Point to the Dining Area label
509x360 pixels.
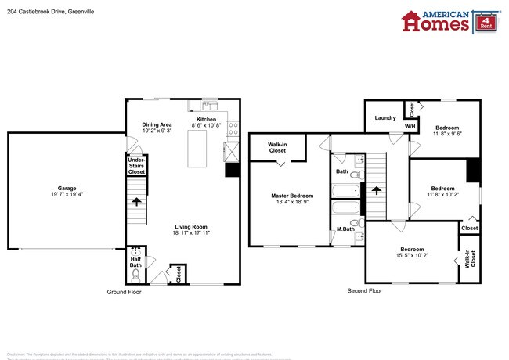point(157,124)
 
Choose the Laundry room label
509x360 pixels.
point(385,118)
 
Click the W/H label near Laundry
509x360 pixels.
point(410,126)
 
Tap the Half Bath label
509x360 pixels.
point(135,261)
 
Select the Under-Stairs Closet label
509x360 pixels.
point(136,165)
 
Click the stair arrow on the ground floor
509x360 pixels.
point(137,202)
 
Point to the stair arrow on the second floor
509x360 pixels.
point(376,189)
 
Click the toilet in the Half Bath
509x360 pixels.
point(136,276)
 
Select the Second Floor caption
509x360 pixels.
point(364,290)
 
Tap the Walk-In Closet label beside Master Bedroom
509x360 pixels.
point(277,148)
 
